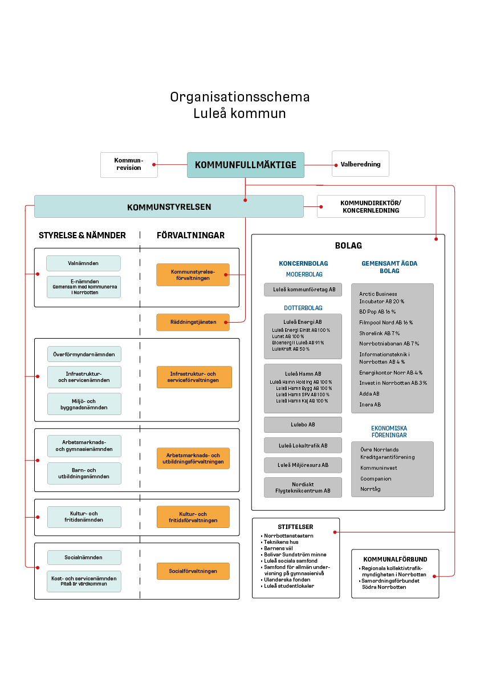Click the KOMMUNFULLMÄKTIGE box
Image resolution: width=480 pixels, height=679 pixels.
point(245,165)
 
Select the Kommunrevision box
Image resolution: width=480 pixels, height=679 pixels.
point(129,165)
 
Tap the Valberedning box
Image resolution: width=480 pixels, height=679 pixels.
point(360,164)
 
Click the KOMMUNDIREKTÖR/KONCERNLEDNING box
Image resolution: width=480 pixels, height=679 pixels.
point(371,206)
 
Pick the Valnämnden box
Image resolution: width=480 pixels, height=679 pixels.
point(83,263)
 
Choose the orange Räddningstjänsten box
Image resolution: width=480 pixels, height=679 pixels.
point(193,322)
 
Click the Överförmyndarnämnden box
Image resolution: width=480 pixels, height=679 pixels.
point(84,354)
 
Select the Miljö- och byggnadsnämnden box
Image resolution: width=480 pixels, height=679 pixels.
point(84,404)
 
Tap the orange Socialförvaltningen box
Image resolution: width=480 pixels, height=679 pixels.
point(193,571)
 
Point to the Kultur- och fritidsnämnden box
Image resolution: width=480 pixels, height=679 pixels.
point(84,517)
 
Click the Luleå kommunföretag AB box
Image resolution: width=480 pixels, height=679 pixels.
point(303,290)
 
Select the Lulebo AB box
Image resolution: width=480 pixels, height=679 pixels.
point(303,425)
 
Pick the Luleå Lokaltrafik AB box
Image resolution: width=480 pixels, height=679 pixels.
point(303,445)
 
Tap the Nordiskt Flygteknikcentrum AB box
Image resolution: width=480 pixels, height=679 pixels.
point(303,487)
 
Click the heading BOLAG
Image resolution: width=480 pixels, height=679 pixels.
point(348,246)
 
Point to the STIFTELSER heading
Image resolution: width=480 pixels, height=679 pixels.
point(295,527)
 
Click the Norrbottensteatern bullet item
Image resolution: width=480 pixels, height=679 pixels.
point(288,536)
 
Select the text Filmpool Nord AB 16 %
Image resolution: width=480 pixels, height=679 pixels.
point(386,323)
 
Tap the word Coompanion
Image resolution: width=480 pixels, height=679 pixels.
point(376,478)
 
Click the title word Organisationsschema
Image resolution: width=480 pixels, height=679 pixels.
point(239,97)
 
